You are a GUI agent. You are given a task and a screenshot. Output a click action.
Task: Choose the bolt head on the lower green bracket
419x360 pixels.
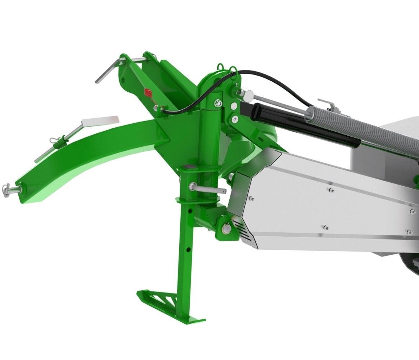(x=226, y=228)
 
